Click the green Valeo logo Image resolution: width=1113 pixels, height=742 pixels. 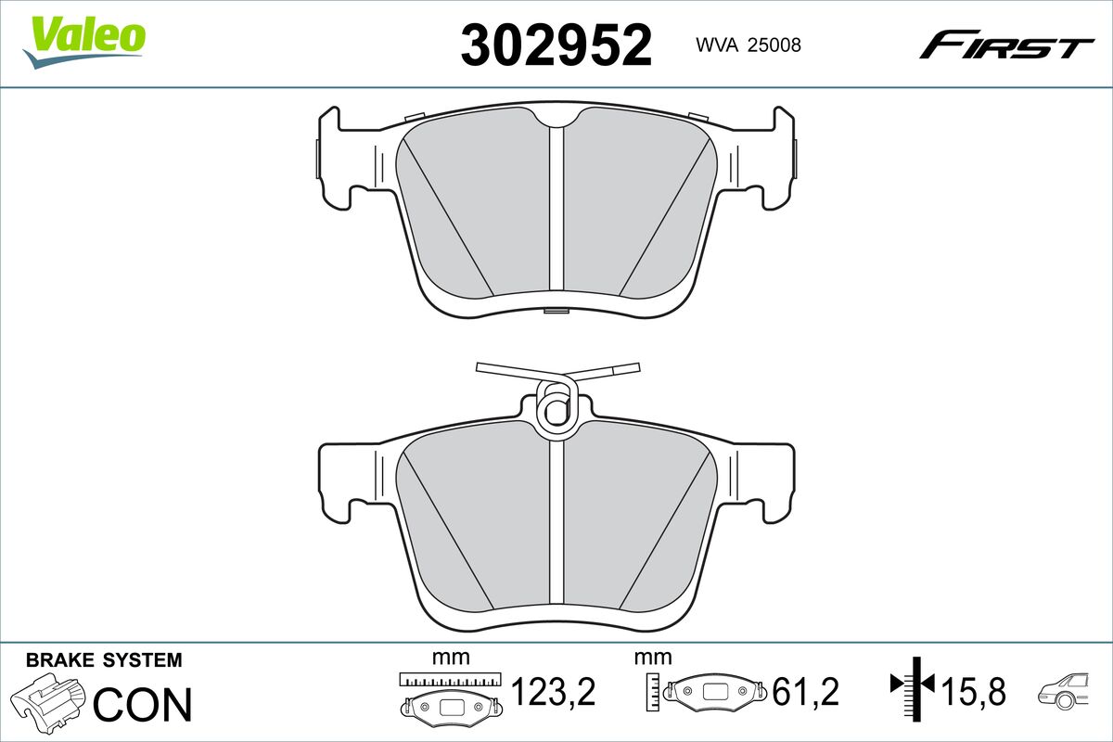tap(84, 42)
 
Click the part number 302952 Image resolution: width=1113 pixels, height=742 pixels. tap(556, 45)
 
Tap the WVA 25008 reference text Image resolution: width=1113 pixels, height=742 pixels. tap(748, 45)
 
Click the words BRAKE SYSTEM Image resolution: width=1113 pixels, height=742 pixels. tap(104, 660)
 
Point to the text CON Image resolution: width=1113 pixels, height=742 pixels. tap(143, 704)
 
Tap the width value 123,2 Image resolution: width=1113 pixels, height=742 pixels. tap(554, 691)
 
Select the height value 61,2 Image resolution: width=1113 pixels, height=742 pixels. tap(805, 691)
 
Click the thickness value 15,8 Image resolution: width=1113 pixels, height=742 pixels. tap(974, 691)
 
